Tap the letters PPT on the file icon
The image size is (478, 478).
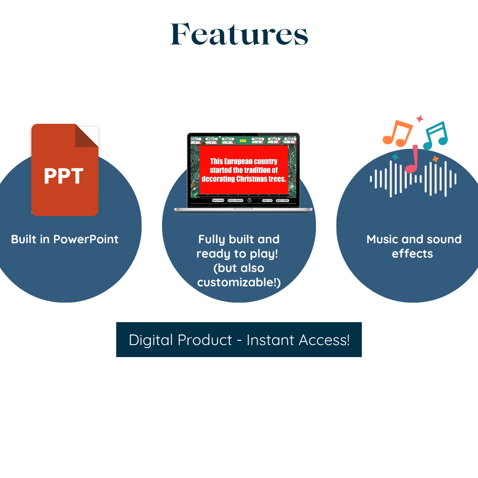[64, 176]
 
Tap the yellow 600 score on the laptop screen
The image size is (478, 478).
[243, 141]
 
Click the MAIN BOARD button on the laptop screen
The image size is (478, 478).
[218, 200]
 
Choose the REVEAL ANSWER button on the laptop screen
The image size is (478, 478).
[235, 200]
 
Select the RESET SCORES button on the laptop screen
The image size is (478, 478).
[282, 200]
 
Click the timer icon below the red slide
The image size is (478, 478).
[250, 200]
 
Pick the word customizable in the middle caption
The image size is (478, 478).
[237, 282]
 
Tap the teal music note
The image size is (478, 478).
[435, 135]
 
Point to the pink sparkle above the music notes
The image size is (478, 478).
[420, 118]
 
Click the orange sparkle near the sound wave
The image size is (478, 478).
[435, 158]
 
